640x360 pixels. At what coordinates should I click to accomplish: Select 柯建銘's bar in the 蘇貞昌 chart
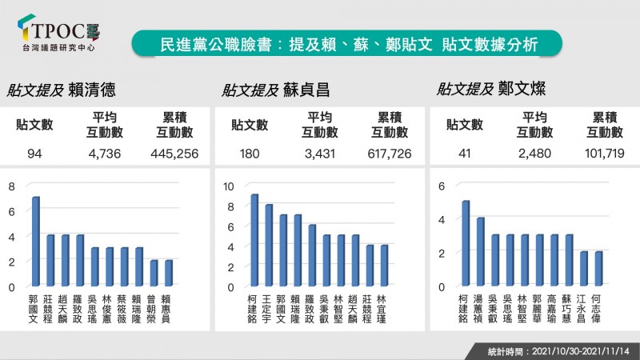point(254,240)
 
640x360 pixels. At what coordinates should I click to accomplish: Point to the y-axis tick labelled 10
point(229,186)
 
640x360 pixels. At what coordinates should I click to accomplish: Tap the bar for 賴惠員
point(169,273)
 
